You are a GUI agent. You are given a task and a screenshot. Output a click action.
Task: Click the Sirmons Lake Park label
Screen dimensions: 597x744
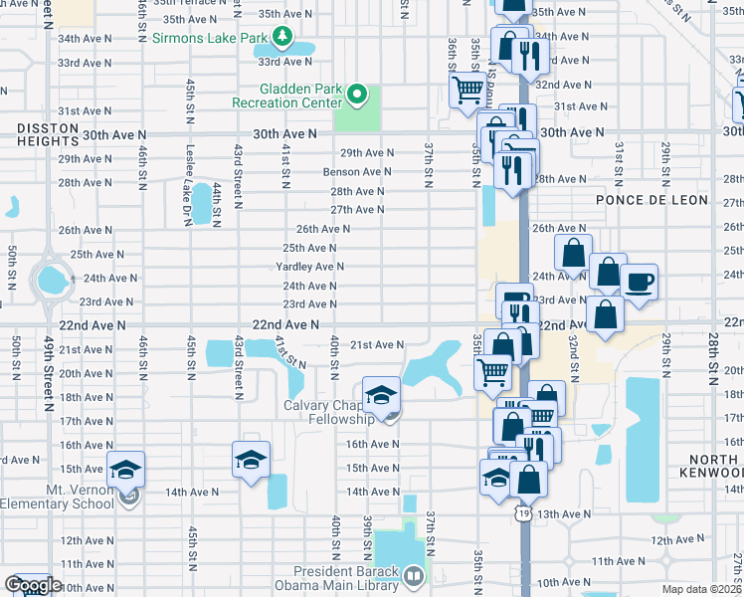(211, 38)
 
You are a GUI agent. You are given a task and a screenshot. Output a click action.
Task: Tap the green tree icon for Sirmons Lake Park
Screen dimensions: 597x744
(283, 38)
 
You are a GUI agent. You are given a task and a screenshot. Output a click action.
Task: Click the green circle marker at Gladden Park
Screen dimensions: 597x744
(357, 97)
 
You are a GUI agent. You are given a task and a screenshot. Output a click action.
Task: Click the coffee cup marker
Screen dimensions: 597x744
(639, 278)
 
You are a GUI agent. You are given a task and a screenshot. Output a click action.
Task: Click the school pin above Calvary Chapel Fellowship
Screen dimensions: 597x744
(380, 395)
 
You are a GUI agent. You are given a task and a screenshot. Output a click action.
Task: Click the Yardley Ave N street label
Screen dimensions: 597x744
(310, 267)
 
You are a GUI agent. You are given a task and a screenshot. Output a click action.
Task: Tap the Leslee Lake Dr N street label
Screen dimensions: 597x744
(188, 185)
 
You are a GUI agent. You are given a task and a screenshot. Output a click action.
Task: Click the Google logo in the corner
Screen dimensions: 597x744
(32, 585)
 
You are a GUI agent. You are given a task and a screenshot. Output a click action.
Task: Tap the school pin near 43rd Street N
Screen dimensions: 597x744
(251, 459)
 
